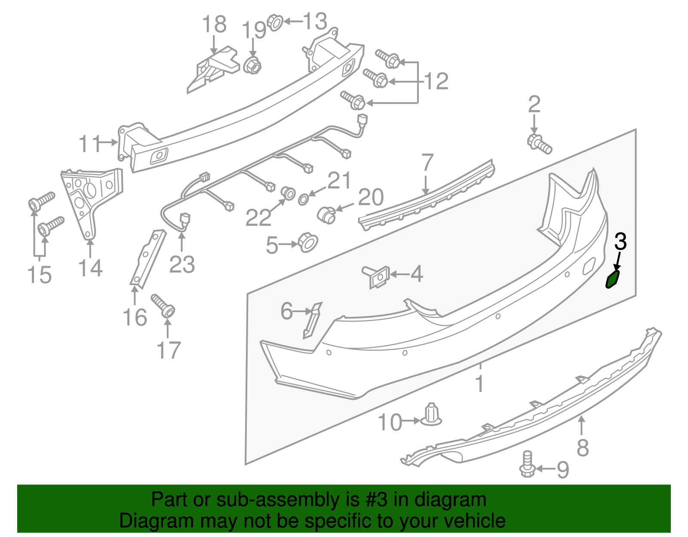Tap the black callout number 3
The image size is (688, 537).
pos(620,242)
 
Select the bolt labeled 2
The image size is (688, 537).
pos(539,144)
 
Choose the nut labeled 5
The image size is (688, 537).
pos(307,242)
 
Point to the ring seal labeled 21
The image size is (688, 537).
pos(303,199)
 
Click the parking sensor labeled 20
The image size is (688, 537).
pos(326,214)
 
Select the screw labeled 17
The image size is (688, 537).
pos(163,305)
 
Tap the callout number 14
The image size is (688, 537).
pos(90,268)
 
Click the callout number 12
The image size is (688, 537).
pos(436,81)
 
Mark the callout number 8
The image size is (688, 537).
pos(582,448)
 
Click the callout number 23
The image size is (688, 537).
pos(182,264)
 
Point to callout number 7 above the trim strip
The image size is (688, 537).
pos(427,163)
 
